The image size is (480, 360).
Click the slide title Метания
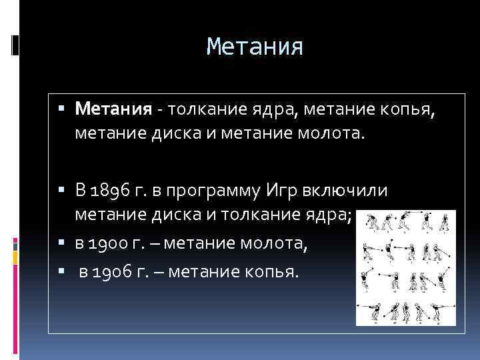(x=255, y=47)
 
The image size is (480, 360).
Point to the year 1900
(x=111, y=247)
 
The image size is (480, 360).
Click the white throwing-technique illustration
(x=405, y=267)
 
